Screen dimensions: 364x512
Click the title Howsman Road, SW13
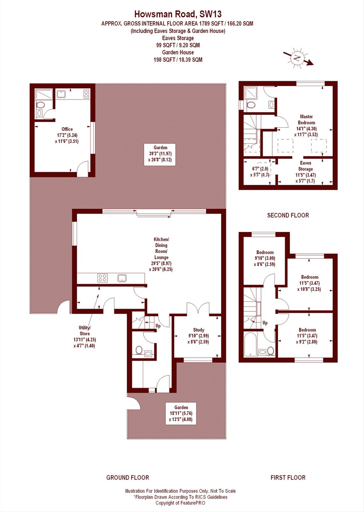coord(178,14)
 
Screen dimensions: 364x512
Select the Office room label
coord(67,135)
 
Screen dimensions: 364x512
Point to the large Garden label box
coord(160,154)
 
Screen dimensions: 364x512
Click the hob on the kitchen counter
coord(103,278)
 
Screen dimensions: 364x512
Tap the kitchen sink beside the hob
coord(122,278)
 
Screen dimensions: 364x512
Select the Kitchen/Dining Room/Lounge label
coord(161,254)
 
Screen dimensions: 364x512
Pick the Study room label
coord(198,336)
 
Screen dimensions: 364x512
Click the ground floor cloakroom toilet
coord(139,350)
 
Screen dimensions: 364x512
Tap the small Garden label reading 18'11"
coord(181,413)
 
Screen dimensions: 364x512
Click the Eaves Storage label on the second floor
coord(305,172)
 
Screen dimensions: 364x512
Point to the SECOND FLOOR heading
coord(288,215)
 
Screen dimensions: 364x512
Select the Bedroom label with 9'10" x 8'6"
coord(265,258)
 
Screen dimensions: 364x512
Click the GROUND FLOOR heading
coord(128,477)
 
